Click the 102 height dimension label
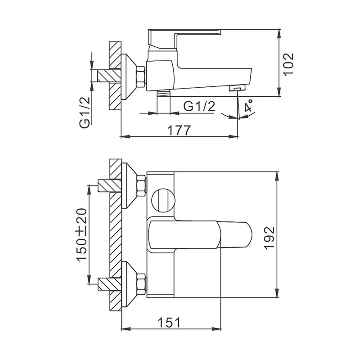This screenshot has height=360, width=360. pos(288,63)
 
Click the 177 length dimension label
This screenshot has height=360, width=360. pos(179,130)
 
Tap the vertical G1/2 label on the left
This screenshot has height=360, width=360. pos(84,112)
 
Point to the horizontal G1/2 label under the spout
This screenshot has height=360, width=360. pos(199,106)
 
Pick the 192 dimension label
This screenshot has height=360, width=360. pos(269,238)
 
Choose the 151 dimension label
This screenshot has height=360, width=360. pos(169,323)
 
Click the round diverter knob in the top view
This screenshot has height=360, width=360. pos(163,200)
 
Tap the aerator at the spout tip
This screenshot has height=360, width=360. pos(238,88)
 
